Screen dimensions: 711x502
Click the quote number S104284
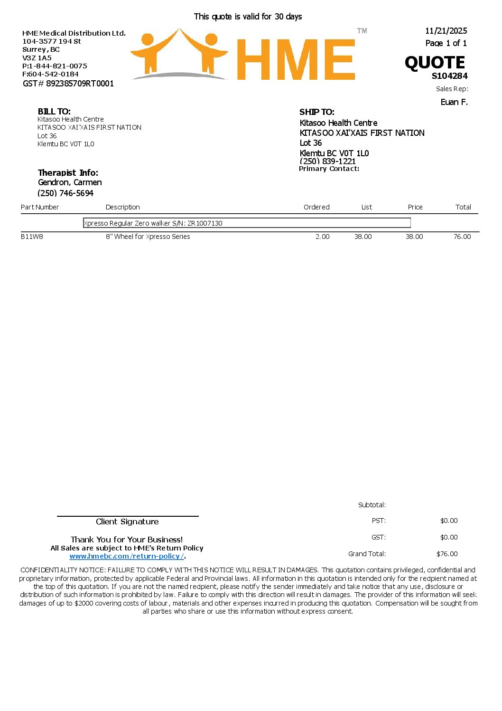[449, 76]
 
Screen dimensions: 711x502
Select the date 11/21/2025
[446, 31]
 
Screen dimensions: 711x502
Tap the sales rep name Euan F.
[454, 102]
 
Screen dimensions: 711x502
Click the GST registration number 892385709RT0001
[80, 84]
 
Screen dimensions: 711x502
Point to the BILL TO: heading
[54, 112]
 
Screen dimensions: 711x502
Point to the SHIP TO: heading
[316, 112]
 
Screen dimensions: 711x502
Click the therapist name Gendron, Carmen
[70, 182]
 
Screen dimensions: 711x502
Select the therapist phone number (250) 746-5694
[65, 193]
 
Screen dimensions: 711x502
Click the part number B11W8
[32, 237]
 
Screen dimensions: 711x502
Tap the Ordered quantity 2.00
[322, 237]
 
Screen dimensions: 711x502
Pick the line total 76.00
[462, 237]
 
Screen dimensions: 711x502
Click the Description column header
[122, 207]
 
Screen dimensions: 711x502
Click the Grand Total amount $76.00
[447, 554]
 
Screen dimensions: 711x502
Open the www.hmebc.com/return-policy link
[126, 556]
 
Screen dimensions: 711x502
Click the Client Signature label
[127, 521]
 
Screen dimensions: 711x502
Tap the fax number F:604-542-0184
[50, 74]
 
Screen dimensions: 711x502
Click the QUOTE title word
[435, 63]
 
